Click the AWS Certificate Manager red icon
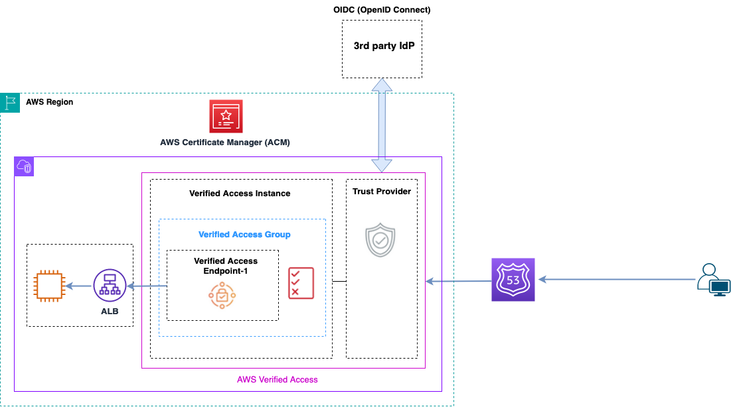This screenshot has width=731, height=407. [226, 117]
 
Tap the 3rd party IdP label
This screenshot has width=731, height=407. [388, 47]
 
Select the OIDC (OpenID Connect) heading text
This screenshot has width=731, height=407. [382, 9]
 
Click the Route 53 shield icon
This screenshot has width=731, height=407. [513, 280]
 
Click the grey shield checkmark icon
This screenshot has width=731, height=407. [380, 241]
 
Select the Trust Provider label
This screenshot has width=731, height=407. [382, 192]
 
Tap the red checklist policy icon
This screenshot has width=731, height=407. [301, 283]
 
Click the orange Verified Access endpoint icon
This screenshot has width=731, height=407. [222, 295]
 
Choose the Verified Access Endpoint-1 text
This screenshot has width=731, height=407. [226, 266]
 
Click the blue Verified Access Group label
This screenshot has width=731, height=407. [244, 235]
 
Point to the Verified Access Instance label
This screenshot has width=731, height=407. [240, 194]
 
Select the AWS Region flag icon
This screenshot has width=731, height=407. [10, 103]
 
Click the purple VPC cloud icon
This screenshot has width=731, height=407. [24, 167]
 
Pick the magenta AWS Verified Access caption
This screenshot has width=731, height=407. [278, 380]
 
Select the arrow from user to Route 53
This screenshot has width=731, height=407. [617, 280]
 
